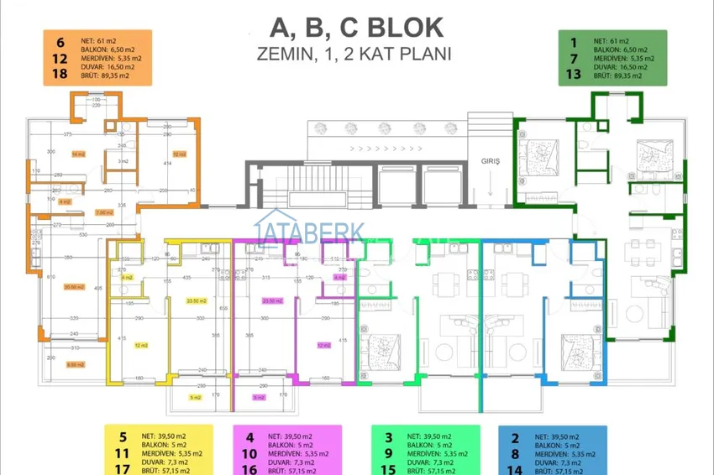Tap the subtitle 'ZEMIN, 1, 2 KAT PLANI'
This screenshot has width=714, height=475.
[356, 55]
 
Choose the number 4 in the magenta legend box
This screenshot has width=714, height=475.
[249, 436]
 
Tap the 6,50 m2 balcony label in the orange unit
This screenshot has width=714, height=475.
[76, 365]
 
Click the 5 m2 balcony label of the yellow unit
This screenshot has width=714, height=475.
[196, 397]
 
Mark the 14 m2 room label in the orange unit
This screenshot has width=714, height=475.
[77, 154]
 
